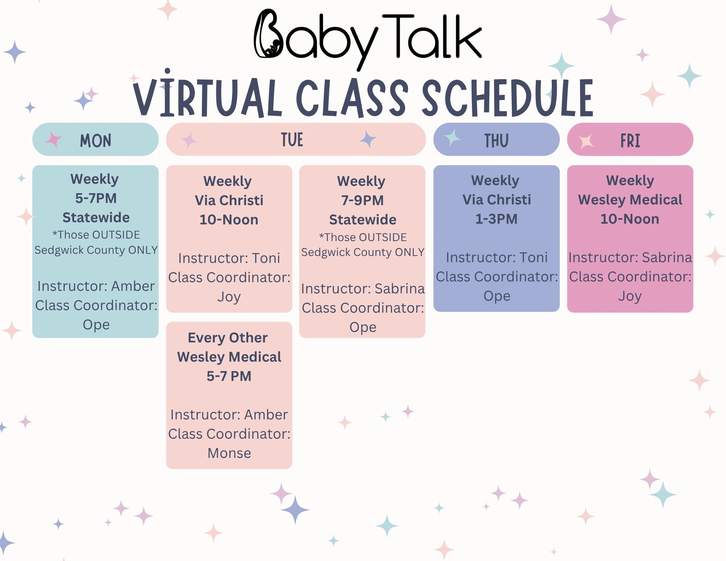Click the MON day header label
[95, 141]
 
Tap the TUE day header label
[292, 140]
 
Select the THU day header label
[496, 141]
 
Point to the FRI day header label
[630, 141]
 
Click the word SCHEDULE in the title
[507, 98]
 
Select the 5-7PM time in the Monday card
[96, 198]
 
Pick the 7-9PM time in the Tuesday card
[362, 200]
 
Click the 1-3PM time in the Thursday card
[496, 219]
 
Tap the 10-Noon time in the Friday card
[630, 219]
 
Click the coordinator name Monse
[229, 453]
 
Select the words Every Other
[228, 338]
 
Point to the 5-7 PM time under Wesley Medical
[229, 376]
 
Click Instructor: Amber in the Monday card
[96, 286]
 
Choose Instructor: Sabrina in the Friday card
[630, 257]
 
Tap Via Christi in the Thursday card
[497, 200]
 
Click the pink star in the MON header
[54, 139]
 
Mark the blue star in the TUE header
[368, 139]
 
